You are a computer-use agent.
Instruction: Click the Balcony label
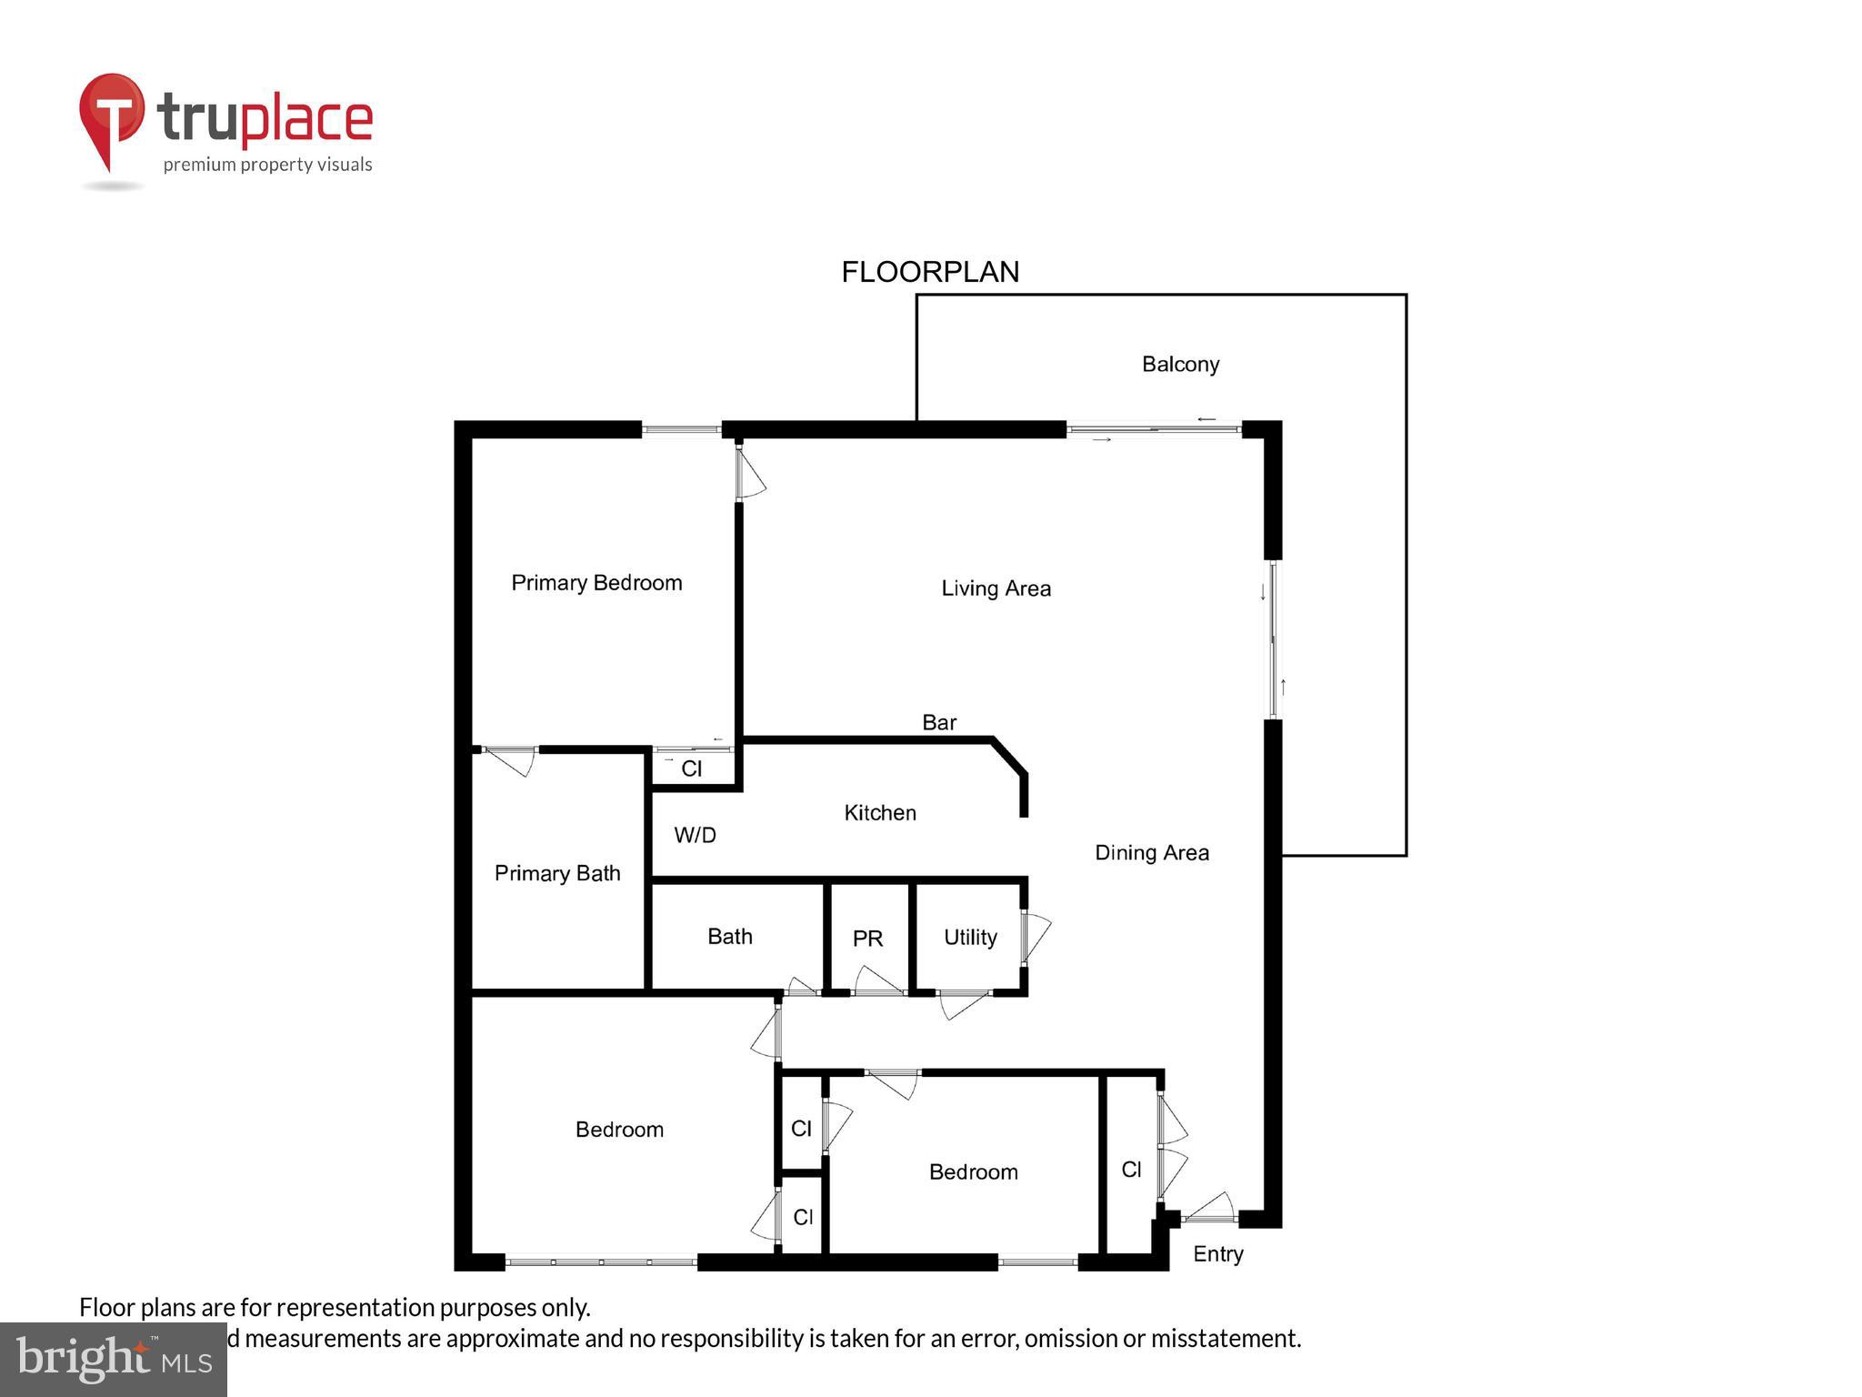click(x=1180, y=365)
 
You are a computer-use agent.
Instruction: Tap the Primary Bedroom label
click(x=596, y=583)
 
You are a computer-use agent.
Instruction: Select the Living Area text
click(x=996, y=588)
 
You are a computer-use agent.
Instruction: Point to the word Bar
click(x=939, y=722)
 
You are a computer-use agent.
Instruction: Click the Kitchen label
click(x=880, y=813)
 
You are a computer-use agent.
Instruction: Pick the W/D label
click(x=695, y=835)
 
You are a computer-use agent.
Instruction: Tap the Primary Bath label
click(x=557, y=873)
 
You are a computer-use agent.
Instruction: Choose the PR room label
click(x=867, y=939)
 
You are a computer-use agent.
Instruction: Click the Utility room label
click(x=970, y=938)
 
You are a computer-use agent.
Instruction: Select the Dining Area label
click(x=1152, y=853)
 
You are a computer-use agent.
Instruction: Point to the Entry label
click(x=1217, y=1254)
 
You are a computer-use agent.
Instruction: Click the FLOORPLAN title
click(x=930, y=272)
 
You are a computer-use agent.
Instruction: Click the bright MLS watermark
click(x=114, y=1359)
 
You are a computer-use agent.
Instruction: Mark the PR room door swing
click(x=877, y=981)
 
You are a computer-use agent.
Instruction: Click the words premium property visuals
click(x=267, y=165)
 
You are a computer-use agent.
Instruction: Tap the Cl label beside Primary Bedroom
click(x=692, y=769)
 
